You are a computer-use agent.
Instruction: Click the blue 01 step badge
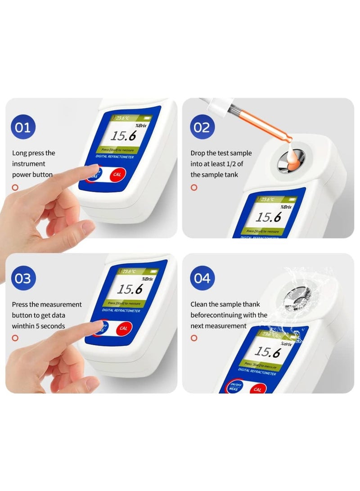pyautogui.click(x=23, y=127)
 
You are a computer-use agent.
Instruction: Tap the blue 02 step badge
pyautogui.click(x=202, y=127)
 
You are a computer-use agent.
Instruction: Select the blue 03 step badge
pyautogui.click(x=23, y=278)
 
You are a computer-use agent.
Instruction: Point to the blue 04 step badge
pyautogui.click(x=202, y=278)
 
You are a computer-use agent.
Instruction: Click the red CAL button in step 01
pyautogui.click(x=117, y=174)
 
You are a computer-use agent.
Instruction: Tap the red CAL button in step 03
pyautogui.click(x=123, y=328)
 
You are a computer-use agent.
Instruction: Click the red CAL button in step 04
pyautogui.click(x=257, y=389)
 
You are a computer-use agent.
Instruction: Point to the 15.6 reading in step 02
pyautogui.click(x=269, y=217)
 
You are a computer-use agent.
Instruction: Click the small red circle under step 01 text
pyautogui.click(x=15, y=187)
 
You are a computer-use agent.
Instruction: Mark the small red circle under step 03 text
pyautogui.click(x=15, y=338)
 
